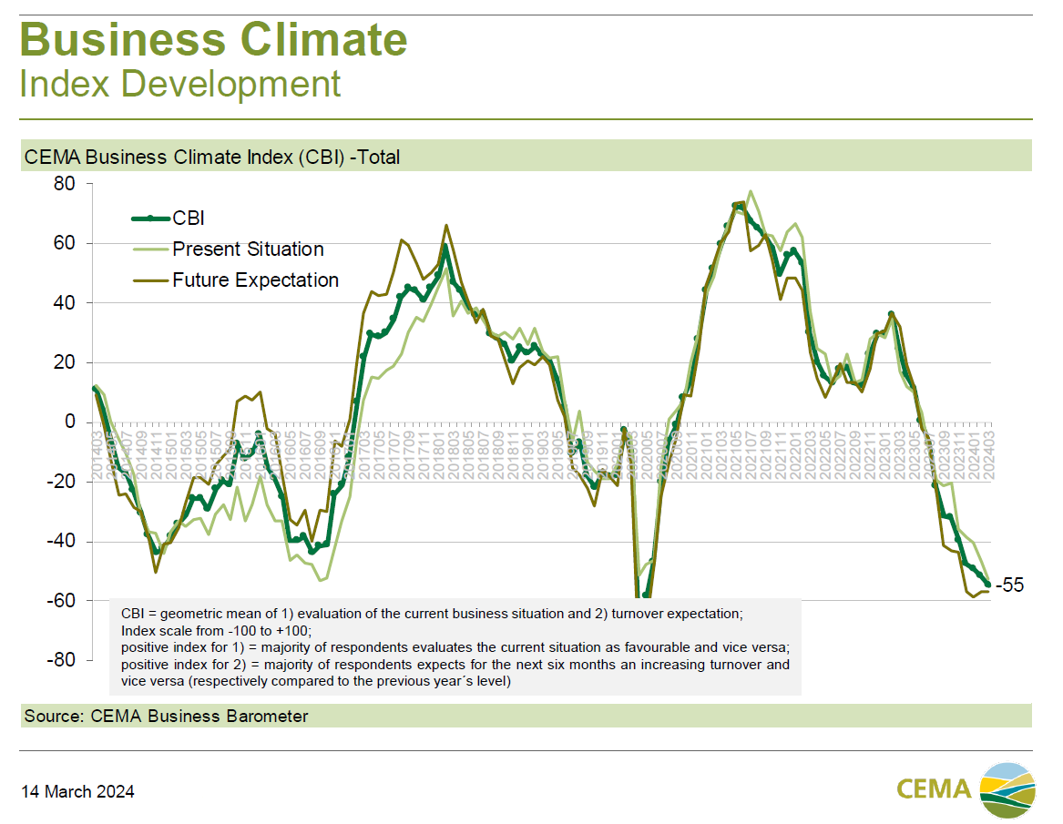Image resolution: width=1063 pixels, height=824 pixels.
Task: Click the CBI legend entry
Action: click(x=188, y=219)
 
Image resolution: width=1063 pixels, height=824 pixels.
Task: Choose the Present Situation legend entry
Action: click(x=248, y=249)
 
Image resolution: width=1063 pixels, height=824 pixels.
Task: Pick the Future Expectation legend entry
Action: click(x=255, y=280)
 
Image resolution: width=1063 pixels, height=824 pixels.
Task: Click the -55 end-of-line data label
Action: click(x=1009, y=585)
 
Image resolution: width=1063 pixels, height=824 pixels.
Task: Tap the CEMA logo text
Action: click(x=934, y=788)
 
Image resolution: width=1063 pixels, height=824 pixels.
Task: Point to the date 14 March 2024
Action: click(x=78, y=792)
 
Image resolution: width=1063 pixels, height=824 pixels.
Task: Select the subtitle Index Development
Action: click(x=180, y=85)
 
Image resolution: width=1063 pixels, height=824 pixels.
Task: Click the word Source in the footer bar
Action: click(x=53, y=717)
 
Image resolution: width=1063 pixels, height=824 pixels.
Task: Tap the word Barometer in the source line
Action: click(x=265, y=717)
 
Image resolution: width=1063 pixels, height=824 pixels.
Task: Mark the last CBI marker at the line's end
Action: click(x=988, y=585)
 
